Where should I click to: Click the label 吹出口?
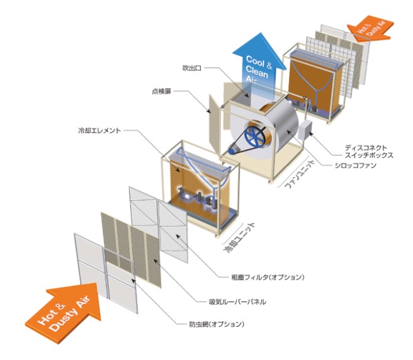click(x=192, y=68)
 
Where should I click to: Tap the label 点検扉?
click(x=161, y=91)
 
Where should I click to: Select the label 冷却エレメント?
click(x=99, y=130)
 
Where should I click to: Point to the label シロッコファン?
click(x=356, y=166)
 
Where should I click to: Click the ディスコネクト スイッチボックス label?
click(x=369, y=152)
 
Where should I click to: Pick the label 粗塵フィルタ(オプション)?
click(x=268, y=277)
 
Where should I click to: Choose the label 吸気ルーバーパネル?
click(x=237, y=301)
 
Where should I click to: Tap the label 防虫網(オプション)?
click(x=217, y=324)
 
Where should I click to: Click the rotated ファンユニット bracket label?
click(x=300, y=174)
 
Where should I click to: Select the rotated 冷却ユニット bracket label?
click(x=239, y=237)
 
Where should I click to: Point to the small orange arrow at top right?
click(x=371, y=28)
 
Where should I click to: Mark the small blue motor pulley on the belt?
click(x=232, y=151)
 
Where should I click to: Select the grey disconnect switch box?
click(x=305, y=130)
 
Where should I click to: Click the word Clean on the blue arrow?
click(x=257, y=72)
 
